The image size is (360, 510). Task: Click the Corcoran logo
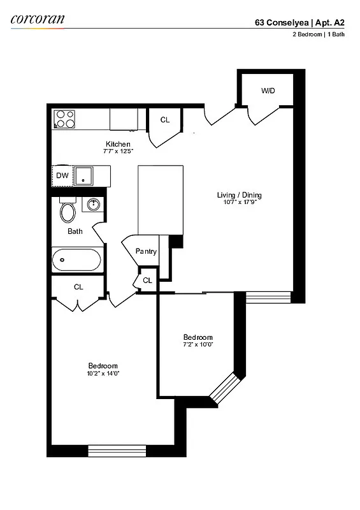pos(38,19)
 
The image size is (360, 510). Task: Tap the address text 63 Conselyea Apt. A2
pos(299,21)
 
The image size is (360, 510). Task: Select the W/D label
pos(268,91)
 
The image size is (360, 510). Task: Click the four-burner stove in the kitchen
pos(65,119)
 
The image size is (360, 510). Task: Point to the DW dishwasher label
pos(62,175)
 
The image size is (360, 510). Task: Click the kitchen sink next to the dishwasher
pos(83,175)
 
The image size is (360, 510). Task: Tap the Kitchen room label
pos(118,144)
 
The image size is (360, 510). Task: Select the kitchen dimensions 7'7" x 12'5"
pos(118,151)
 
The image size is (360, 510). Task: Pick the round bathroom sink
pos(93,205)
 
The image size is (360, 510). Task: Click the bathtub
pos(76,260)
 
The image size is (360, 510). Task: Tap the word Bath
pos(75,231)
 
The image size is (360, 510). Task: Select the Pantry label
pos(146,251)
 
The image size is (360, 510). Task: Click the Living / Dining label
pos(239,195)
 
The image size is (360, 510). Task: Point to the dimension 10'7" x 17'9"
pos(239,202)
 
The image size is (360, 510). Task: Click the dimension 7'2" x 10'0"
pos(198,345)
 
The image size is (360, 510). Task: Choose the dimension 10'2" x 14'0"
pos(103,373)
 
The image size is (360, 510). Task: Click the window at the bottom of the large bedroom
pos(117,451)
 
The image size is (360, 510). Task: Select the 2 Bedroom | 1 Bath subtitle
pos(315,34)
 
